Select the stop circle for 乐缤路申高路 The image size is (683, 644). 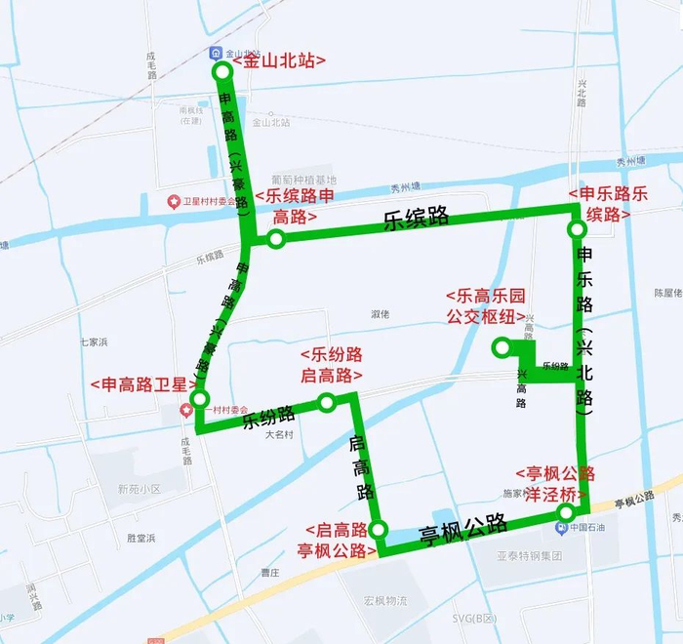(276, 239)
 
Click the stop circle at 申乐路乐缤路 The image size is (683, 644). (577, 229)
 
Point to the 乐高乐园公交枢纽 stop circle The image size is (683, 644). (502, 345)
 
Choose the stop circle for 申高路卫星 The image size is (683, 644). (200, 399)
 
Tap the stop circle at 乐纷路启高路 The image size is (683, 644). (327, 401)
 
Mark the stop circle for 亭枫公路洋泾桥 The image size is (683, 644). (566, 513)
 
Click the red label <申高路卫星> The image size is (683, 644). (142, 384)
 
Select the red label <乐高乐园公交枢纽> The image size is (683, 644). (486, 305)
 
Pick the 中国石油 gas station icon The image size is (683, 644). (562, 529)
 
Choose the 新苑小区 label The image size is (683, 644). (138, 488)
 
